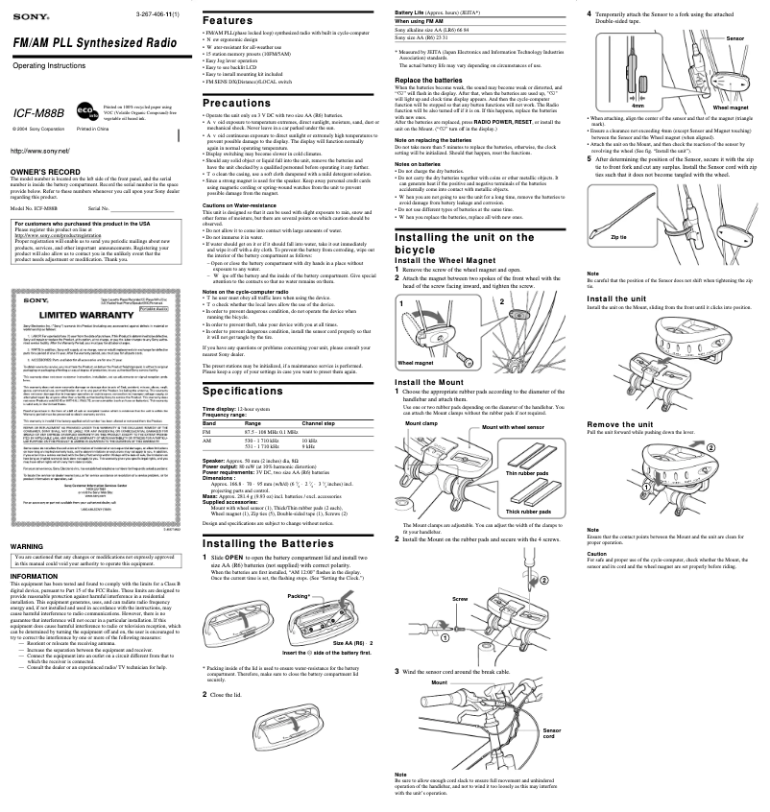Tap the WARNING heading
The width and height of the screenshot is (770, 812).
pos(26,545)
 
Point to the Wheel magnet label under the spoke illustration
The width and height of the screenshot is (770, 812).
pos(419,364)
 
